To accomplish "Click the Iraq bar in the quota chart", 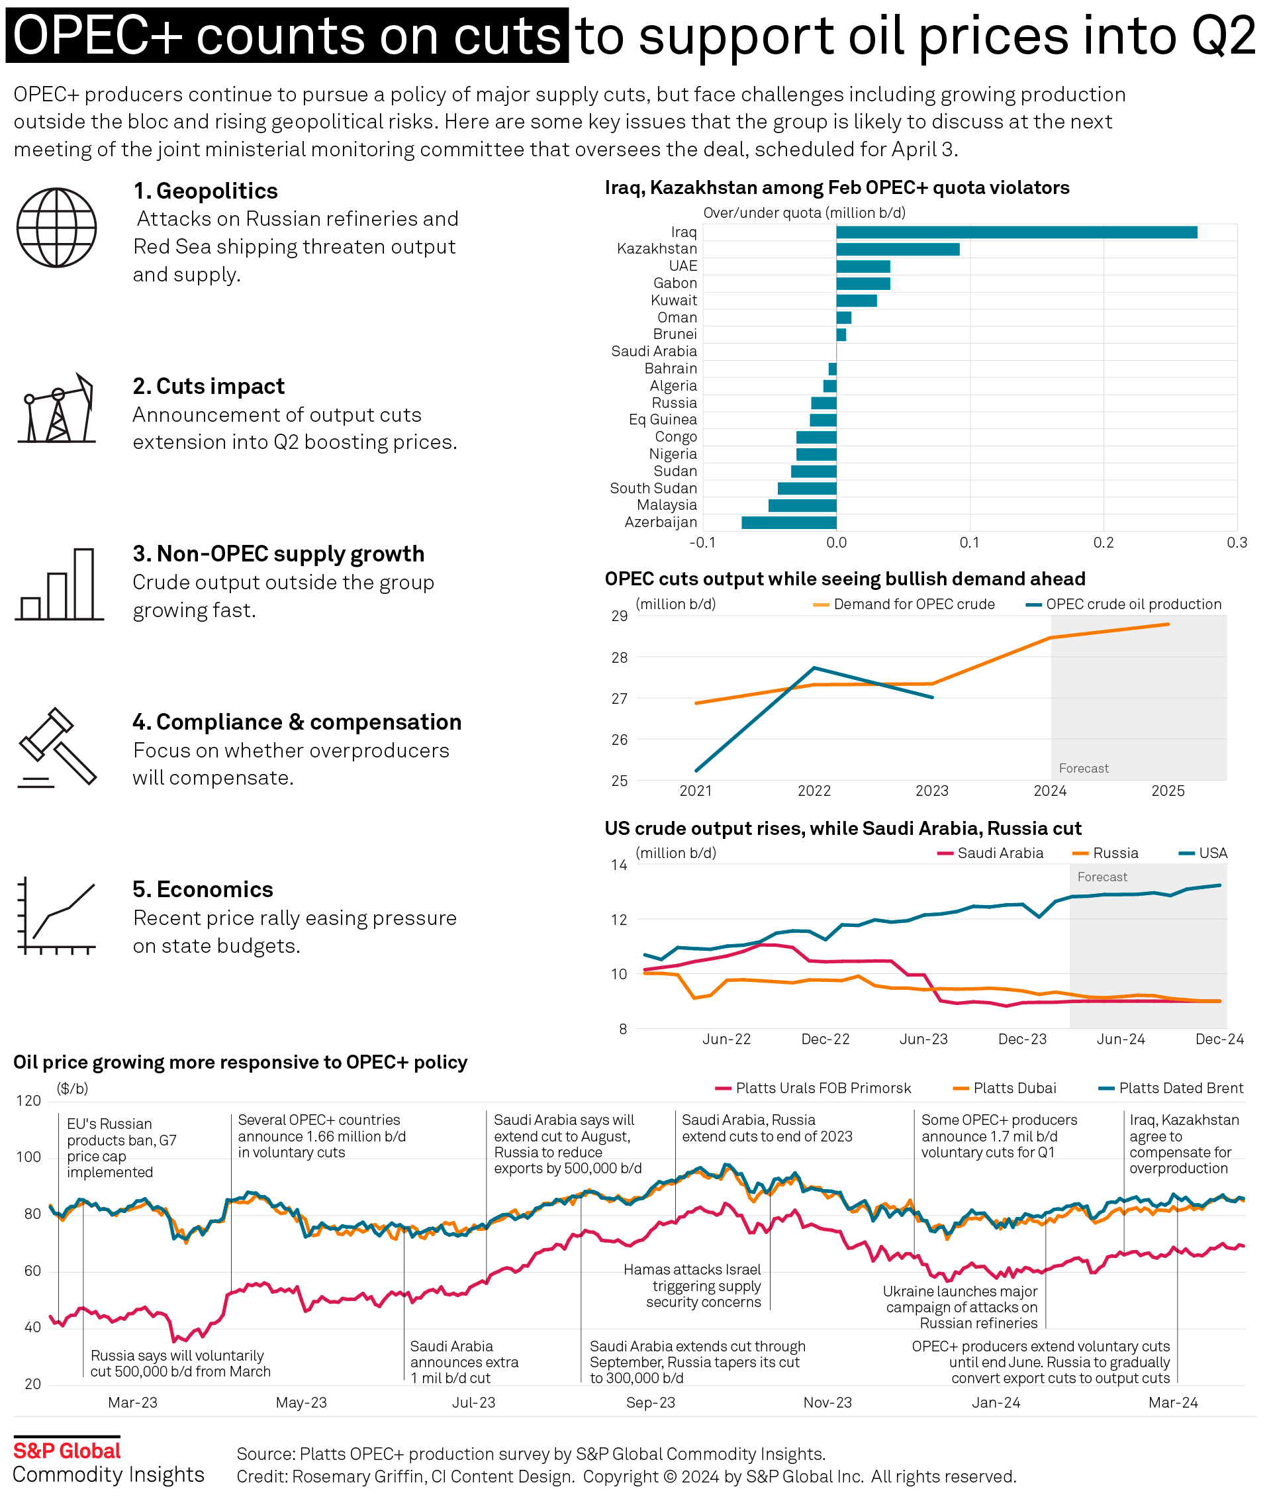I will pyautogui.click(x=1016, y=232).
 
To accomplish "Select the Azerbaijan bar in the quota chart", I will pyautogui.click(x=789, y=522).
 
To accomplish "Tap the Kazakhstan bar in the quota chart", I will pyautogui.click(x=898, y=250).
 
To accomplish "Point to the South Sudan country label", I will pyautogui.click(x=653, y=488).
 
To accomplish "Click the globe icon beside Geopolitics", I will pyautogui.click(x=56, y=228).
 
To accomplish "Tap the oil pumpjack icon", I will pyautogui.click(x=58, y=409).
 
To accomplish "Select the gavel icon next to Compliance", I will pyautogui.click(x=57, y=747).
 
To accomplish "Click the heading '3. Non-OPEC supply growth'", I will pyautogui.click(x=278, y=554).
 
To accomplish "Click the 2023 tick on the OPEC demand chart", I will pyautogui.click(x=931, y=791).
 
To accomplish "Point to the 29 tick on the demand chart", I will pyautogui.click(x=620, y=616).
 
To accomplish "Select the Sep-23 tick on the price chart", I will pyautogui.click(x=650, y=1402).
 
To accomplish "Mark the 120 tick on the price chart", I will pyautogui.click(x=29, y=1100).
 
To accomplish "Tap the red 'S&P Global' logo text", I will pyautogui.click(x=67, y=1451).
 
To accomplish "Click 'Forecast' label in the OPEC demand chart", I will pyautogui.click(x=1083, y=768).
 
